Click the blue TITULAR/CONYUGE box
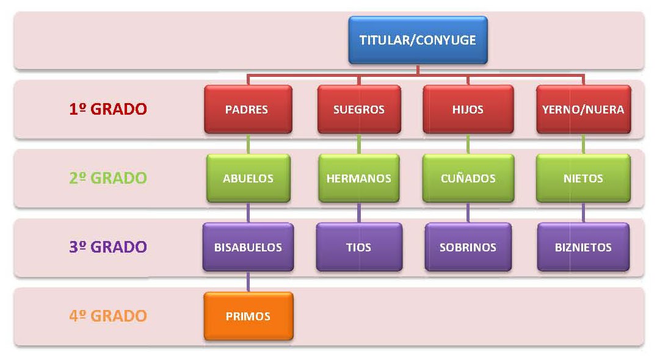click(x=418, y=40)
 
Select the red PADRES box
click(x=247, y=109)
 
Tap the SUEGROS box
click(x=359, y=109)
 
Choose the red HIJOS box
click(x=468, y=109)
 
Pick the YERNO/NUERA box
click(x=583, y=109)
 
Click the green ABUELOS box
click(x=248, y=178)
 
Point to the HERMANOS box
click(x=359, y=178)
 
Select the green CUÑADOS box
click(x=468, y=178)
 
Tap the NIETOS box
click(x=583, y=178)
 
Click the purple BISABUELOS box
click(x=248, y=247)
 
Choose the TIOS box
click(x=359, y=247)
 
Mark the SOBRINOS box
click(x=468, y=247)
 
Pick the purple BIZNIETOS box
click(x=583, y=247)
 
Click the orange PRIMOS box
click(x=248, y=316)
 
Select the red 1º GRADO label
click(x=107, y=109)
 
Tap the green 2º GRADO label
click(x=107, y=178)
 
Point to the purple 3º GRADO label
click(x=107, y=247)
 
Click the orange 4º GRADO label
click(x=107, y=316)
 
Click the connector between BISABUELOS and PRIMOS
click(x=248, y=282)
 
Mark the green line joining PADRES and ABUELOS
click(x=248, y=144)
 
